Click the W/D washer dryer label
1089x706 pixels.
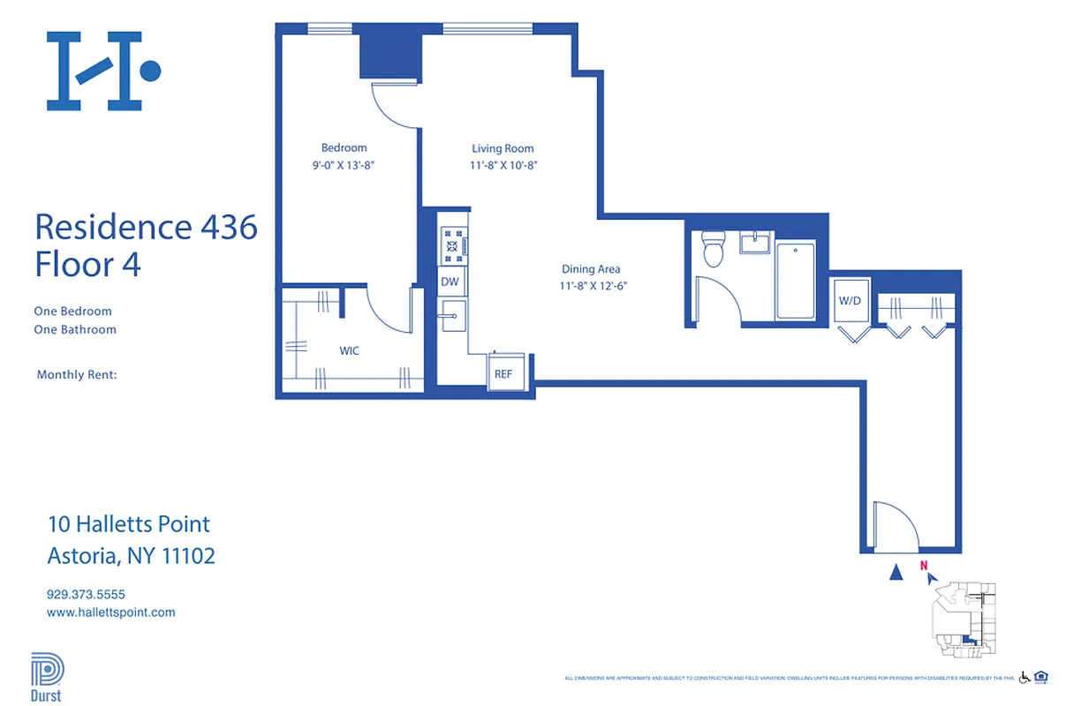tap(850, 301)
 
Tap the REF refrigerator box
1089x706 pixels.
tap(503, 373)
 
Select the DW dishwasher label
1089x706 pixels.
tap(450, 282)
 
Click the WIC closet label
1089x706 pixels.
tap(349, 350)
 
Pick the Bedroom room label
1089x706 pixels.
tap(344, 147)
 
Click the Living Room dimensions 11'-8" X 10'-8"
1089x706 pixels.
tap(503, 165)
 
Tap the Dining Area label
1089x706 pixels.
tap(591, 269)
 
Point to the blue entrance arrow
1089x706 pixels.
tap(896, 573)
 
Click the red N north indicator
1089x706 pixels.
tap(923, 567)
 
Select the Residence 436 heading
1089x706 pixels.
tap(146, 227)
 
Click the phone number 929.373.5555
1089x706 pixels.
tap(86, 595)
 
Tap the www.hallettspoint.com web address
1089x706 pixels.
tap(110, 612)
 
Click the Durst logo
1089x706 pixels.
tap(47, 677)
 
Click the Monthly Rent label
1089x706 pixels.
tap(77, 375)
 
